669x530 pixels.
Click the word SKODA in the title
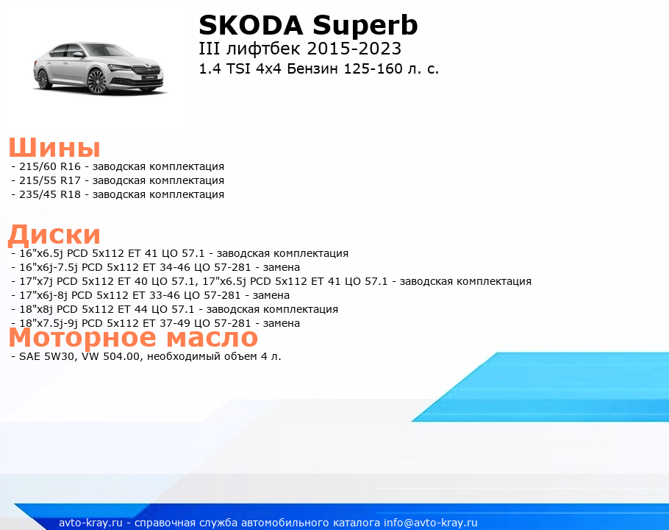pos(251,25)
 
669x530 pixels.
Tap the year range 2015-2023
pos(354,49)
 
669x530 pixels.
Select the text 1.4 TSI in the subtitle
pos(224,68)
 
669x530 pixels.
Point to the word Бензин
pos(312,68)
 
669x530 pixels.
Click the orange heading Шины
pos(54,148)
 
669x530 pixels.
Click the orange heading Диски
pos(54,235)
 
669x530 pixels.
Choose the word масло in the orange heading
pos(212,337)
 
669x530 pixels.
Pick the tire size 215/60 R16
pos(50,166)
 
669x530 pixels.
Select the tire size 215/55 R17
pos(50,180)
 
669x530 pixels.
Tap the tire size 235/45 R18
pos(50,195)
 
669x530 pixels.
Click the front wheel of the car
pos(97,81)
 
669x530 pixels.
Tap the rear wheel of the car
pos(43,79)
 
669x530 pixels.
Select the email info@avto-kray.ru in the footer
pos(431,523)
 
